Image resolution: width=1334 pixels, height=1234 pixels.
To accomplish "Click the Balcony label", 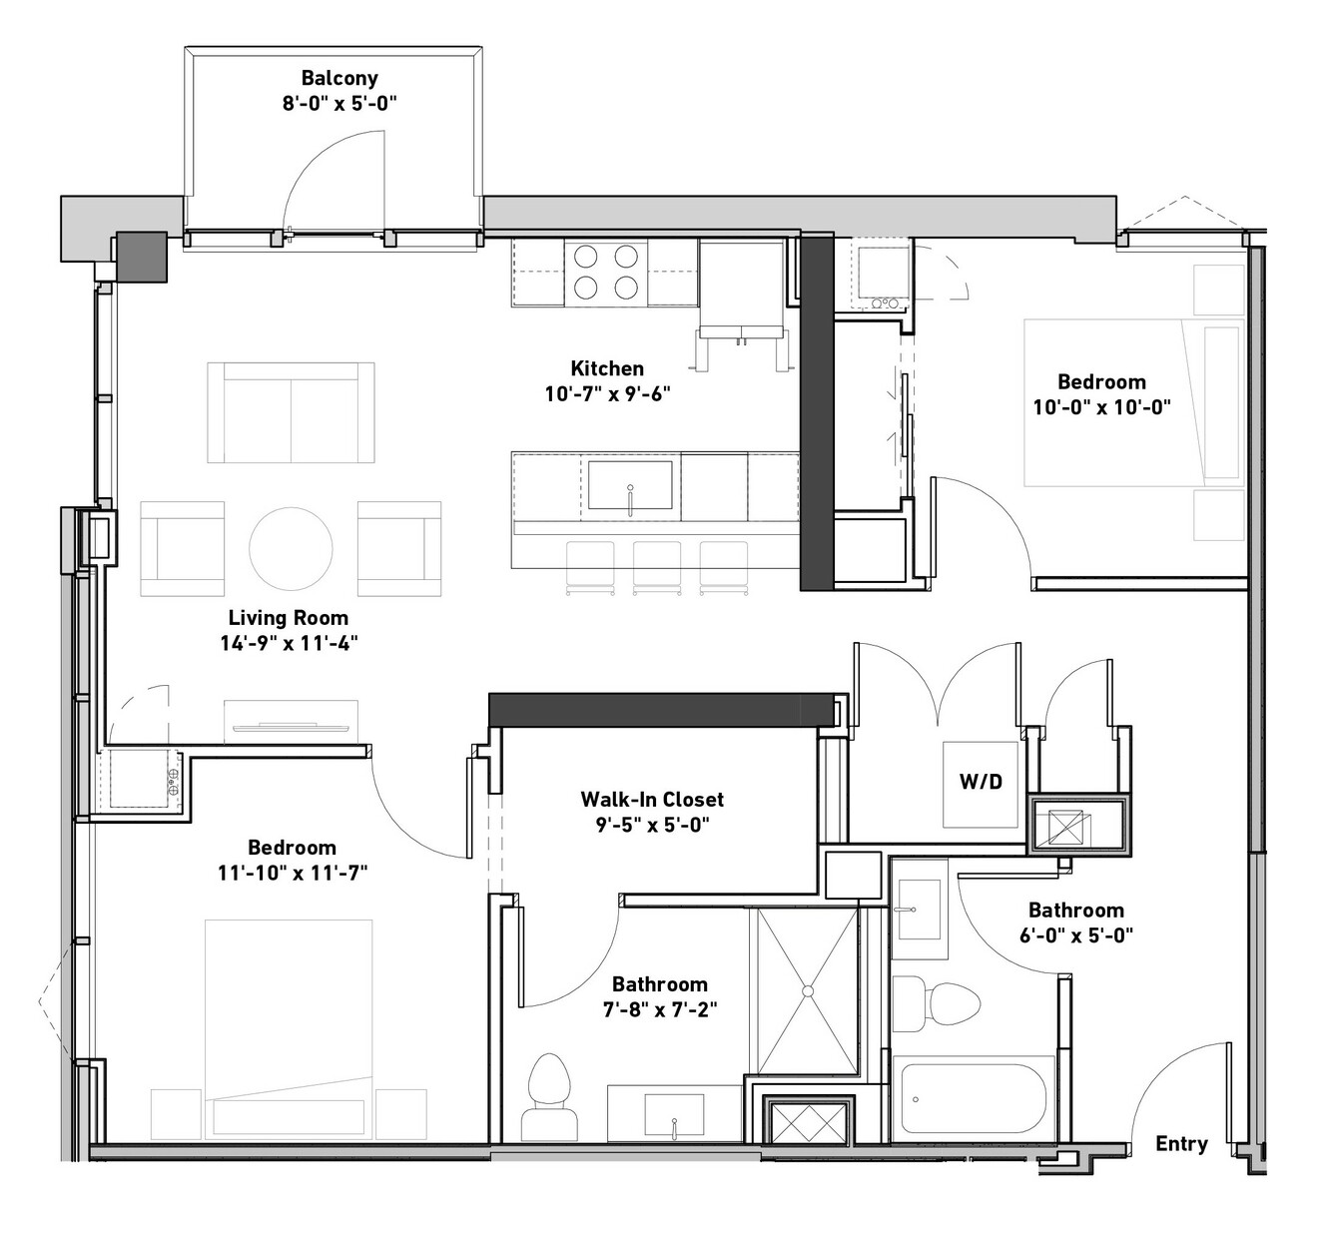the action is click(339, 78).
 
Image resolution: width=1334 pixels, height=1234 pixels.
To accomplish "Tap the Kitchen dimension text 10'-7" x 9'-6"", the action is click(607, 393).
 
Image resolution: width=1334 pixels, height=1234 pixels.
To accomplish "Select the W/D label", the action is click(981, 782).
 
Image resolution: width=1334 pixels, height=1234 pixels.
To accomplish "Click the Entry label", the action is click(1181, 1143).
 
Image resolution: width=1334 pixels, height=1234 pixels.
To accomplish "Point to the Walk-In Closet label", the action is click(652, 800).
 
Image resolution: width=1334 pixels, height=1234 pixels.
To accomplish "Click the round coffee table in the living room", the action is click(291, 549).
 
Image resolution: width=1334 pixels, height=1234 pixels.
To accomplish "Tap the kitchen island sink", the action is click(630, 485).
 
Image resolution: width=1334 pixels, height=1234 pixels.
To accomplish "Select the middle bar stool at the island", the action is click(656, 568).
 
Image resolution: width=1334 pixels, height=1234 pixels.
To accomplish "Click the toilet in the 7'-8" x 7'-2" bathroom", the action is click(549, 1097).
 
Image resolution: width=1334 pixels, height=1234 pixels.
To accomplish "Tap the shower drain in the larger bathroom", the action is click(808, 991).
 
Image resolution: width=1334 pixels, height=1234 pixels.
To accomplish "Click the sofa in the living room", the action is click(291, 412).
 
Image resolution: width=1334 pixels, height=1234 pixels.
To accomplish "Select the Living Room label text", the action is click(289, 618).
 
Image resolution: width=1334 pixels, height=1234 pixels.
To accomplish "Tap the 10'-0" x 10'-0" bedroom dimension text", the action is click(1101, 407).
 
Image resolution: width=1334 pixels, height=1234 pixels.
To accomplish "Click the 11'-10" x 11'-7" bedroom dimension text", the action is click(293, 874).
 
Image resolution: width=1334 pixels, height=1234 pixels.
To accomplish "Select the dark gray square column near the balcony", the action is click(142, 257).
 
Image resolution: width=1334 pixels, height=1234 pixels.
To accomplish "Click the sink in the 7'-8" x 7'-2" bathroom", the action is click(674, 1114).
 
